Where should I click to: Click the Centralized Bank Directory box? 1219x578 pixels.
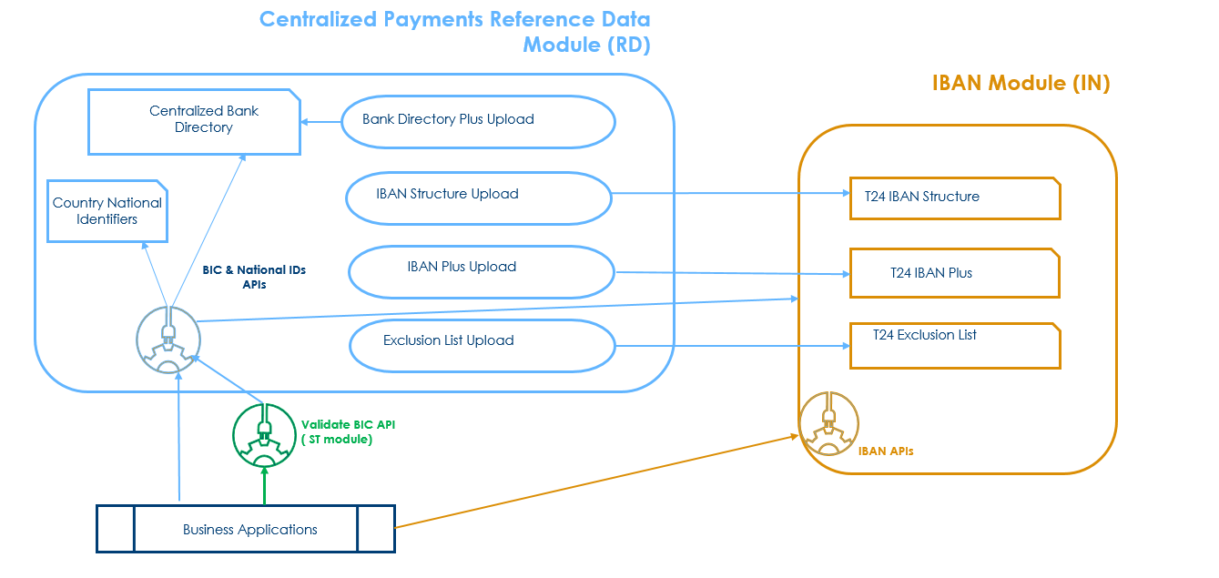(x=194, y=121)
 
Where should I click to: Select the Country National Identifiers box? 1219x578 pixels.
(x=107, y=211)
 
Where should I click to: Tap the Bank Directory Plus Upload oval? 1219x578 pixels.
(x=478, y=121)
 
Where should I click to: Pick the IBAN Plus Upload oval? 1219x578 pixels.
(x=481, y=271)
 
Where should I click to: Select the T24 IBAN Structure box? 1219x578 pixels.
(x=955, y=198)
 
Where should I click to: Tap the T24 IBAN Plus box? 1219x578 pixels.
(x=954, y=273)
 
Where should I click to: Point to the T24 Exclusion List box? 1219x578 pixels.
(x=955, y=345)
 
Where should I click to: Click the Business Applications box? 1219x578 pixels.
(x=246, y=529)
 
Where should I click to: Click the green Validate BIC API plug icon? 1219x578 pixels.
(x=265, y=434)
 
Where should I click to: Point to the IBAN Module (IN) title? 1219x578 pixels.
(x=1021, y=83)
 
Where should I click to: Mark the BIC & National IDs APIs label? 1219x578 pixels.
(x=254, y=277)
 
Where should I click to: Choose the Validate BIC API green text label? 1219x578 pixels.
(x=348, y=431)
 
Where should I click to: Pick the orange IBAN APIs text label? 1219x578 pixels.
(x=885, y=451)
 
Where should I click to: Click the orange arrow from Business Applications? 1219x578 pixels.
(x=592, y=482)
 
